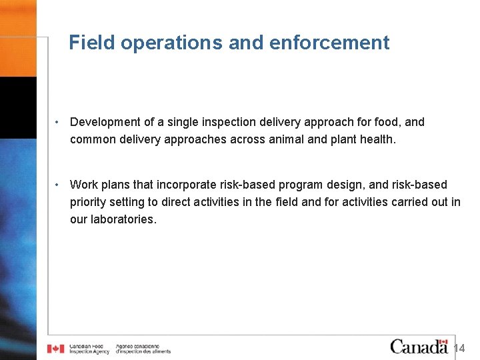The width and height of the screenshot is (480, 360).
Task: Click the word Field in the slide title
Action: (87, 43)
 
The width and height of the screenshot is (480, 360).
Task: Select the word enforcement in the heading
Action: (329, 43)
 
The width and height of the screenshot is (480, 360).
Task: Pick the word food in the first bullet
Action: (388, 122)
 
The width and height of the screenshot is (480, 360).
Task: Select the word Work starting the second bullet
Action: (83, 184)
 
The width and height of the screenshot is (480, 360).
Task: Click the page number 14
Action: (459, 348)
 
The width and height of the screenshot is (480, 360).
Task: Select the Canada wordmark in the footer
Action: (419, 346)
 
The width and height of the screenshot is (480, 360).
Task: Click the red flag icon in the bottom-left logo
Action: (56, 348)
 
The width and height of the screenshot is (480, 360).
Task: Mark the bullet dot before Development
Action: (59, 122)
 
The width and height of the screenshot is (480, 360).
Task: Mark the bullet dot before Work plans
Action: (59, 184)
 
